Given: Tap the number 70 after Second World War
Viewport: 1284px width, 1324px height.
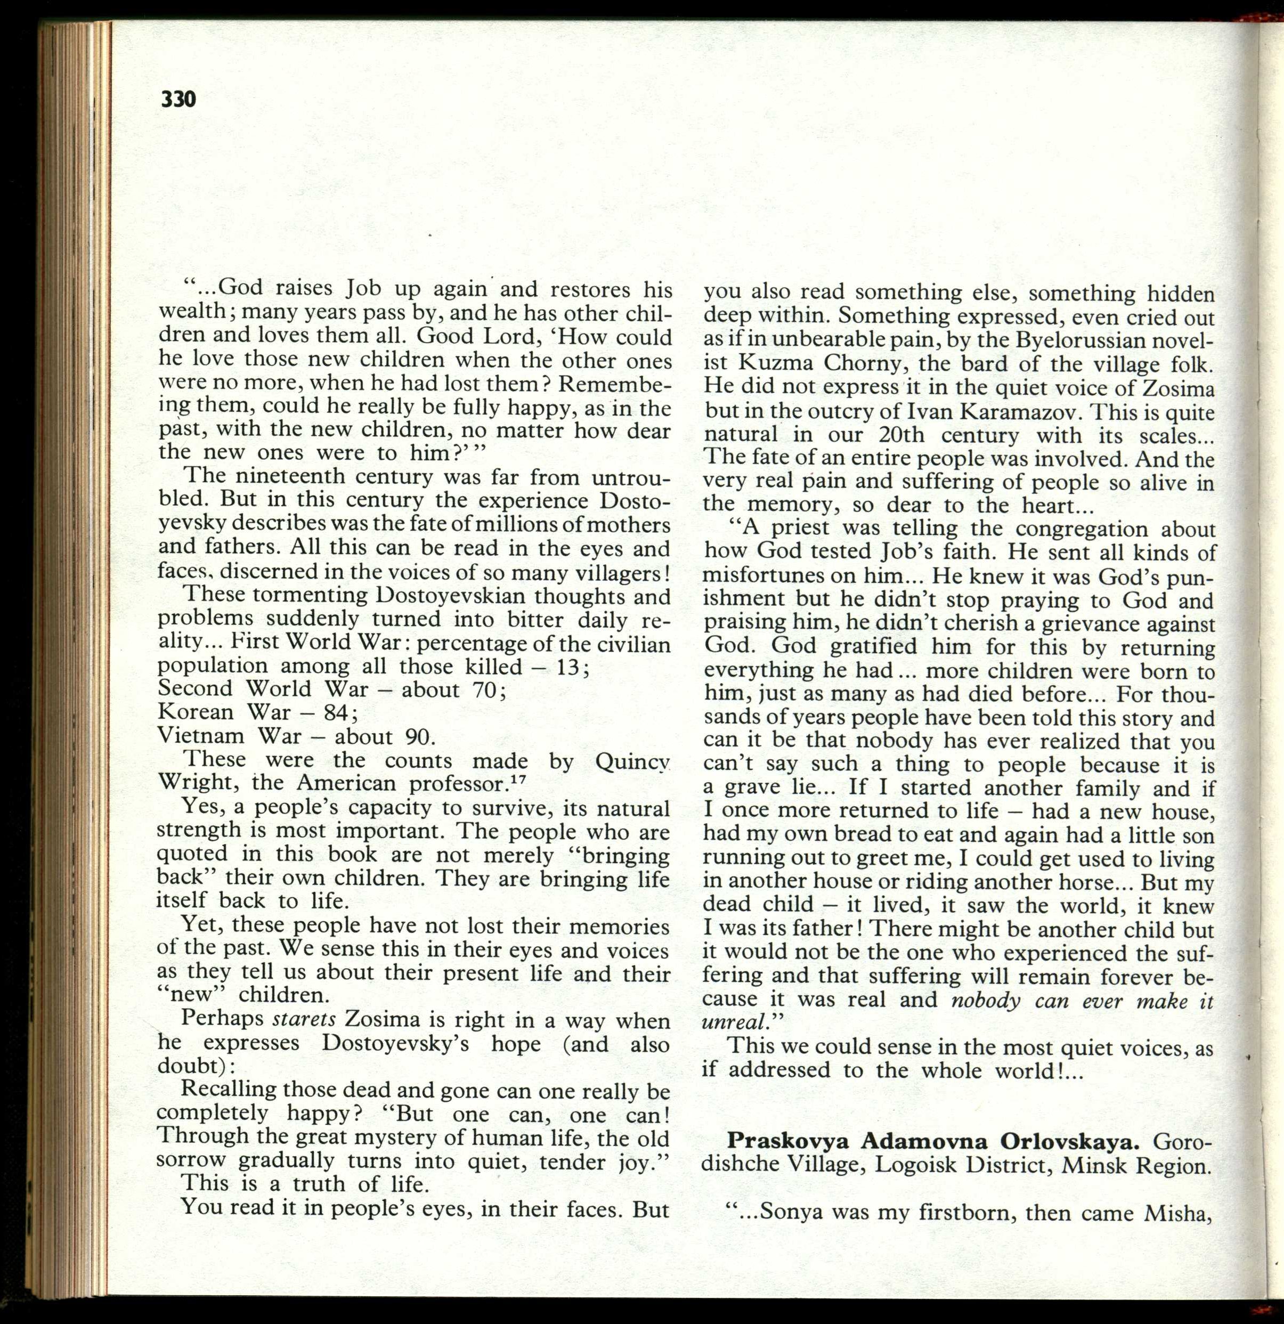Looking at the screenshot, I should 484,689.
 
